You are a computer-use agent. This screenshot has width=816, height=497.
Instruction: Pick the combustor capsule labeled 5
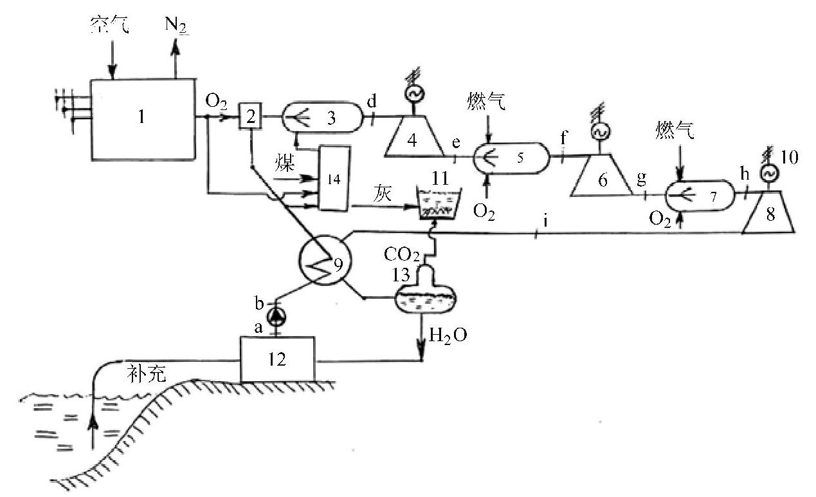pyautogui.click(x=511, y=156)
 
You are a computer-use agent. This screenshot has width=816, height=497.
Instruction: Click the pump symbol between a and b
pyautogui.click(x=277, y=316)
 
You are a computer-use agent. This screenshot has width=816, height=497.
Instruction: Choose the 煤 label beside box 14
pyautogui.click(x=286, y=162)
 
